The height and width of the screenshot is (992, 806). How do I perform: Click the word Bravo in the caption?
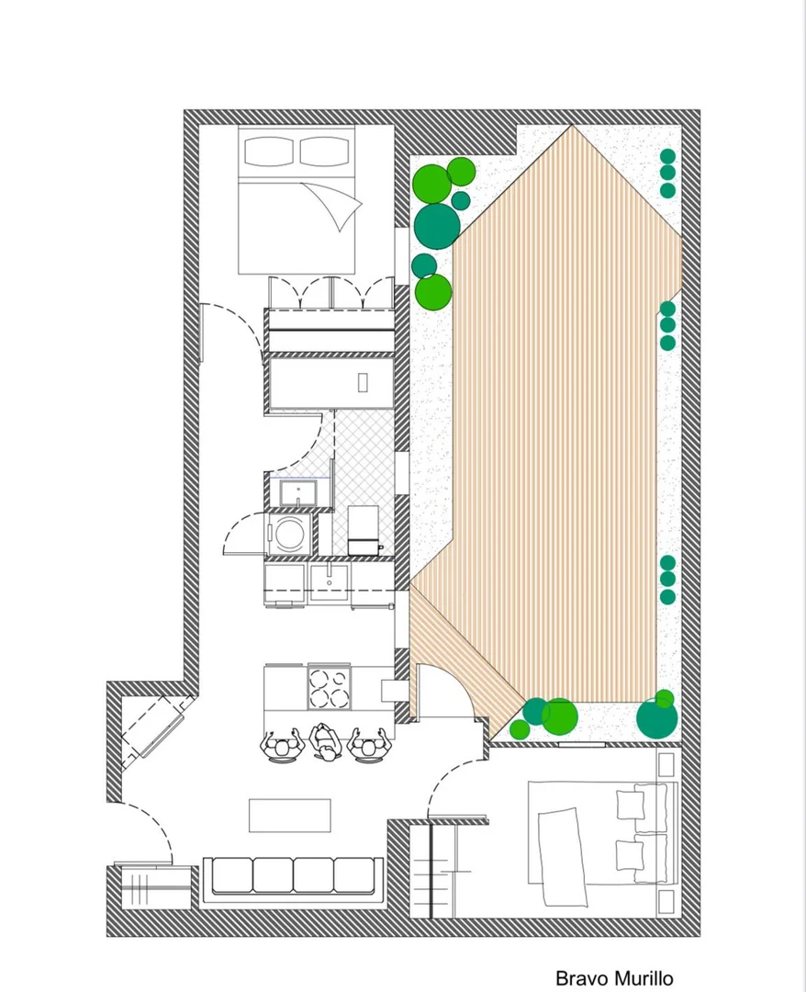[577, 978]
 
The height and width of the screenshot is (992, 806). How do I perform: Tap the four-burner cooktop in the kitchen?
[329, 688]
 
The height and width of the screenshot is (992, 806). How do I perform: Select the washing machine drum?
[289, 532]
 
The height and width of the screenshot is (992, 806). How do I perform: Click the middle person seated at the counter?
[326, 742]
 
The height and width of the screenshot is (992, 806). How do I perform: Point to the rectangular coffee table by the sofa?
[290, 816]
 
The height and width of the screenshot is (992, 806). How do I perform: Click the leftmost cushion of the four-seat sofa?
[232, 875]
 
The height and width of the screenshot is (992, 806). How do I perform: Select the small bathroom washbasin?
[297, 493]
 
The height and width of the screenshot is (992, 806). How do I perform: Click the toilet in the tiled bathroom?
[364, 530]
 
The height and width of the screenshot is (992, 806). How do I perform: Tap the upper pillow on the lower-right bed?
[630, 806]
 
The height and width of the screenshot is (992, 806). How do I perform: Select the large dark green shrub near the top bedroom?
[437, 226]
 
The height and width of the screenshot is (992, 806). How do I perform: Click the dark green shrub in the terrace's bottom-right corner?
[656, 718]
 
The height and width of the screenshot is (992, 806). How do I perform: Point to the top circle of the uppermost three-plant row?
[667, 155]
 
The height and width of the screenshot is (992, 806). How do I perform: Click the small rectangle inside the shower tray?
[363, 383]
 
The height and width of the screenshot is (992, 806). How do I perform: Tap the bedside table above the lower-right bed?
[666, 765]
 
